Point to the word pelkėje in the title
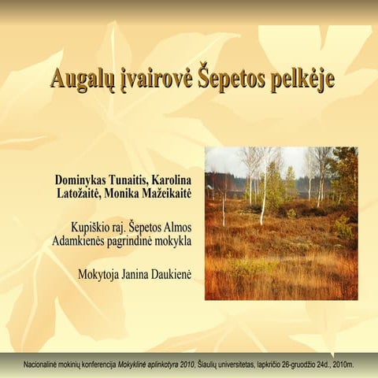pos(299,80)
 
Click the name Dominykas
pos(83,180)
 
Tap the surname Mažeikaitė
pos(169,194)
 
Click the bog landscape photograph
pos(280,223)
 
